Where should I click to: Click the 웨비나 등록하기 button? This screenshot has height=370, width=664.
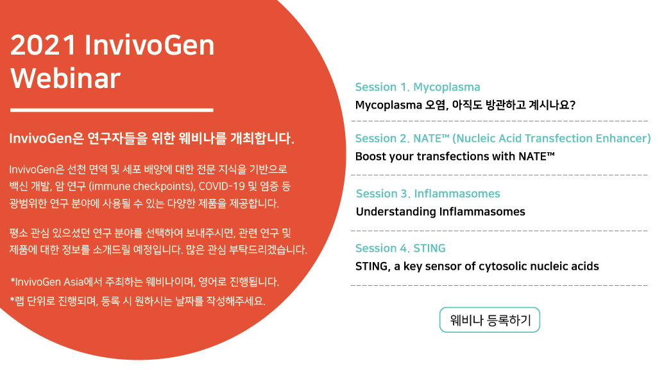click(489, 320)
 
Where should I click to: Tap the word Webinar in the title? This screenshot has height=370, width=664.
click(65, 78)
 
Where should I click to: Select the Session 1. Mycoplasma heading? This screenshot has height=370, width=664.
click(417, 87)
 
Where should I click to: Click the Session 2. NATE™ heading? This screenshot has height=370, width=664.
click(402, 139)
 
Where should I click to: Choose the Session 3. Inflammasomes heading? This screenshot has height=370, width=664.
click(427, 193)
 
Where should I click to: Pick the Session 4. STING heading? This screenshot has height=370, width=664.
click(400, 248)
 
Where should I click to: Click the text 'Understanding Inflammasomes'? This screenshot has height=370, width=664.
click(440, 211)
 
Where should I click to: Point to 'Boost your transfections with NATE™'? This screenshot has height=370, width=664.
click(454, 156)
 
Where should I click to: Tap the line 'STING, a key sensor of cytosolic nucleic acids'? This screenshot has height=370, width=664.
click(477, 266)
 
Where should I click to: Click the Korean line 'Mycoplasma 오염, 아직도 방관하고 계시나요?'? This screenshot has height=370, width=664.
click(465, 105)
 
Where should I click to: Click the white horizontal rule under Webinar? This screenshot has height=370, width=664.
click(112, 110)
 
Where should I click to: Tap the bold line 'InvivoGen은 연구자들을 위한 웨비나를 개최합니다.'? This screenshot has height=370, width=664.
click(151, 138)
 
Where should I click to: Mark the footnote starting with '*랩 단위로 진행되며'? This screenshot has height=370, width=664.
click(138, 301)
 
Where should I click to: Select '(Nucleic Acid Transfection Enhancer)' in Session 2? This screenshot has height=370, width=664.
click(552, 139)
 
